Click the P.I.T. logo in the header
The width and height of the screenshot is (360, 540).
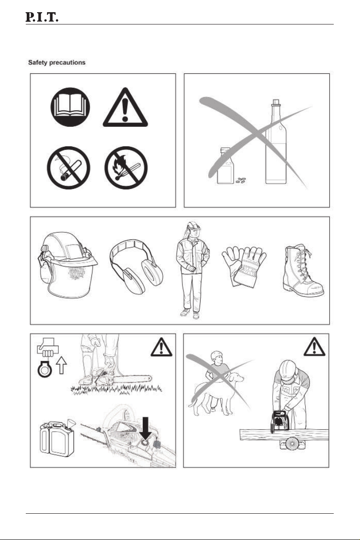coord(42,17)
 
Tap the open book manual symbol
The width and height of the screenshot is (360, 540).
coord(70,107)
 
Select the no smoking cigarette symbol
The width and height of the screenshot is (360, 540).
coord(68,168)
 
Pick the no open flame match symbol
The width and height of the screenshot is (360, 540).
coord(126,168)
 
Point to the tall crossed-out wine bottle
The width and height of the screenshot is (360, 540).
coord(276,141)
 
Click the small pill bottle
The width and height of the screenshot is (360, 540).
coord(225,166)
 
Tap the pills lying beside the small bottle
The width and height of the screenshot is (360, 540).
coord(241,180)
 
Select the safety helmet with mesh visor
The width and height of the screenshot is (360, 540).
coord(67,264)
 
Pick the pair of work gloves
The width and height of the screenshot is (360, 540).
coord(244,266)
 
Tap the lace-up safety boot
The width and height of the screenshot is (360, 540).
coord(302,271)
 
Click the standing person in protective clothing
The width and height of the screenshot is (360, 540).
coord(192,270)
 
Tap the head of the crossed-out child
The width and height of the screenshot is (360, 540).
coord(217,357)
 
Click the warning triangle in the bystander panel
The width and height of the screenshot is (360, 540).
coord(314,347)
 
